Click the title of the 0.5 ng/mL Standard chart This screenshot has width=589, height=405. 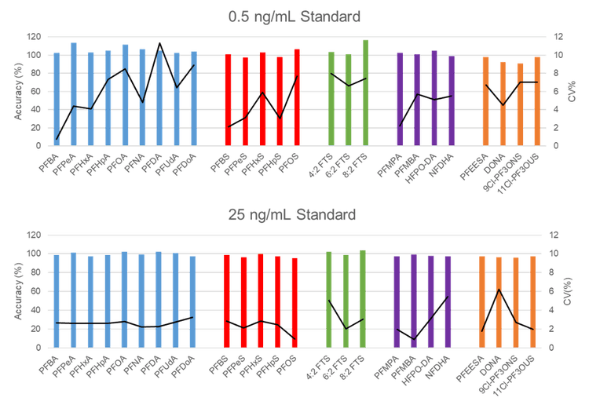[x=294, y=16]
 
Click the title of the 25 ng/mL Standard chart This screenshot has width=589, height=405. [x=294, y=213]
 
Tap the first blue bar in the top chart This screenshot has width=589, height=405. [x=57, y=99]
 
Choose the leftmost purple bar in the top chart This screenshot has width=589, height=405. [x=400, y=99]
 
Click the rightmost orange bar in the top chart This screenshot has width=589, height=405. [x=537, y=101]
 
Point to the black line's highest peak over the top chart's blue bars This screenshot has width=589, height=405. [x=159, y=43]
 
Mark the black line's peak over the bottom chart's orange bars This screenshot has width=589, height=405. [x=499, y=290]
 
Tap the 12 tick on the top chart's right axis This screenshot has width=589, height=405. [x=558, y=36]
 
